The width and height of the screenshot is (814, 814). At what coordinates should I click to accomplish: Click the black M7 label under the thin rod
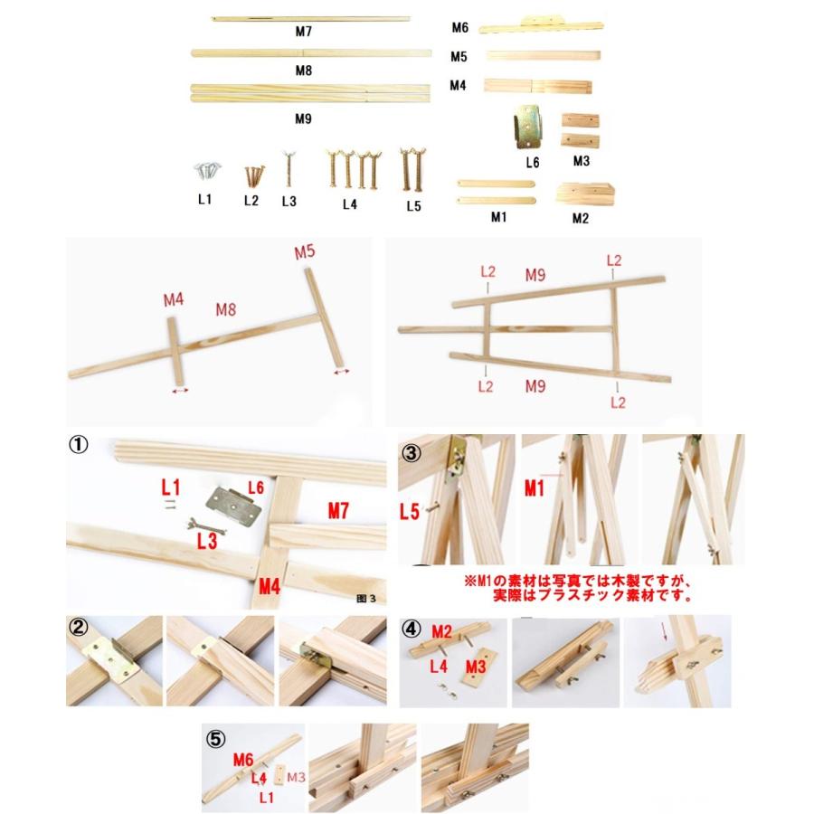[304, 32]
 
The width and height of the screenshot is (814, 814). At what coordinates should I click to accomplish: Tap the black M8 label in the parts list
[304, 71]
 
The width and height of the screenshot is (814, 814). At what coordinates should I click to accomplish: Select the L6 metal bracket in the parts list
[527, 126]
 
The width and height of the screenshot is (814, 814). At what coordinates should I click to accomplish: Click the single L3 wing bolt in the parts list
[289, 169]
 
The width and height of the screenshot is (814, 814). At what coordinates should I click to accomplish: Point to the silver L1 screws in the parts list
[208, 171]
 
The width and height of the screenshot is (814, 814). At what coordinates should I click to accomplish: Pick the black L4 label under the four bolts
[350, 204]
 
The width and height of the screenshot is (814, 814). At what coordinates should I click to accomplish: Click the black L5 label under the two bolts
[413, 206]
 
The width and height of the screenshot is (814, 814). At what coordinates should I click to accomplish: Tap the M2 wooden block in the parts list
[585, 194]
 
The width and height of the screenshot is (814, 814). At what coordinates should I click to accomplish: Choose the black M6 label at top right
[460, 27]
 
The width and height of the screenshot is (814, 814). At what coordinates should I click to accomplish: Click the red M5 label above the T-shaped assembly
[305, 251]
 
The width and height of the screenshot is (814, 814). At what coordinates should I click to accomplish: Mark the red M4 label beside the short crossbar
[174, 299]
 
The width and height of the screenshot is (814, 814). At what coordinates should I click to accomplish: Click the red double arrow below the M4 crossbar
[180, 391]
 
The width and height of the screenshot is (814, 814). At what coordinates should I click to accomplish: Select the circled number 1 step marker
[79, 445]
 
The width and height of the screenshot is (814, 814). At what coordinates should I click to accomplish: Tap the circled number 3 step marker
[412, 453]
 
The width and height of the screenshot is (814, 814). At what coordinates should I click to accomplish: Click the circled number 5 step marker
[216, 739]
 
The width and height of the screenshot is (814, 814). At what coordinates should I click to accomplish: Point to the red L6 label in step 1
[256, 487]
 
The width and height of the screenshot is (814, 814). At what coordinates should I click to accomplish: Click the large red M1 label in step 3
[535, 488]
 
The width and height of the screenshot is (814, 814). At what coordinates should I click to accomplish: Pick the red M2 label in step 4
[441, 632]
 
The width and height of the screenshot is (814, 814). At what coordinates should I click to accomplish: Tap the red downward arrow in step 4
[665, 630]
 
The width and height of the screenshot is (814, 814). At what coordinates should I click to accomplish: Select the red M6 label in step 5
[243, 760]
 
